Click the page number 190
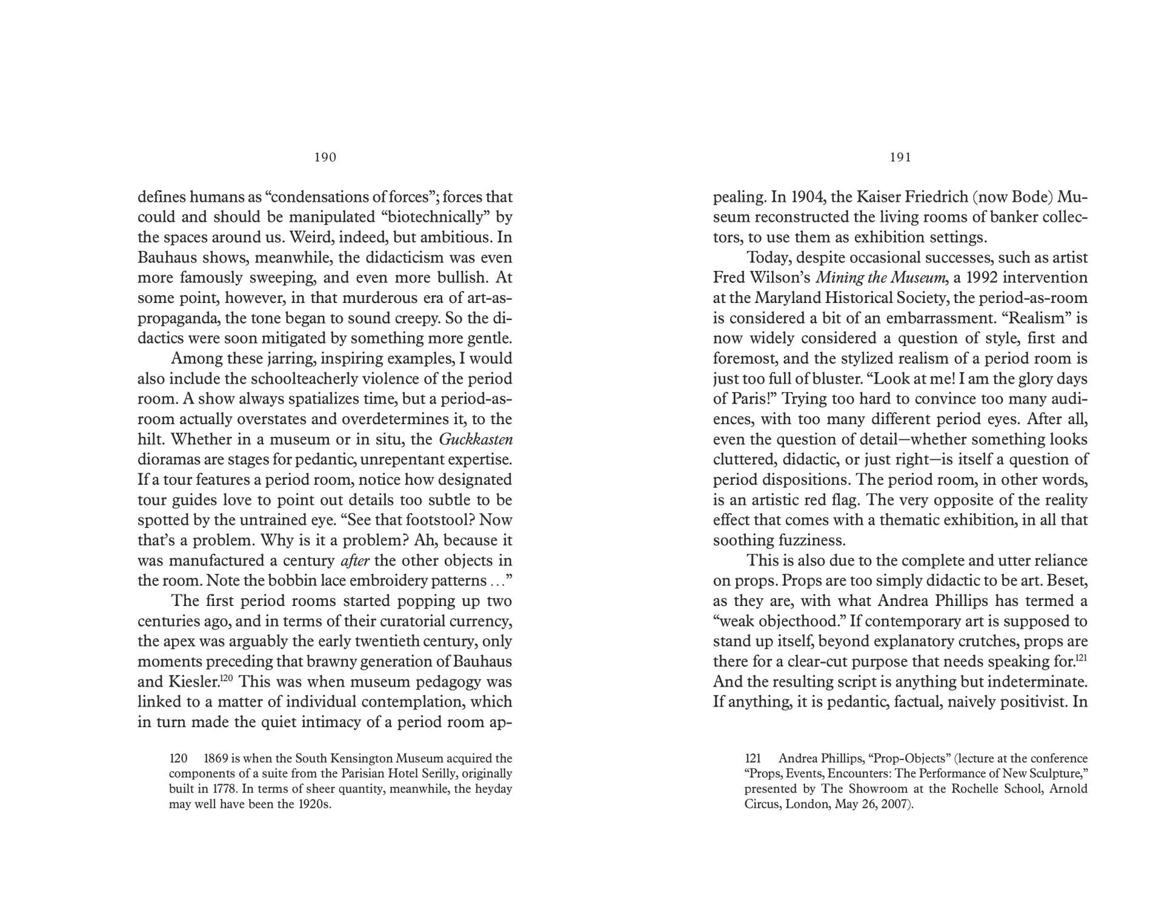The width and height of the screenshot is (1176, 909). click(x=325, y=158)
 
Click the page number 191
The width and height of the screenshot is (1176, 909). click(x=900, y=158)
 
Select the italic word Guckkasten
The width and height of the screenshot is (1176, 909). click(x=476, y=439)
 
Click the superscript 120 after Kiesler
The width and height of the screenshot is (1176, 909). click(x=225, y=678)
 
